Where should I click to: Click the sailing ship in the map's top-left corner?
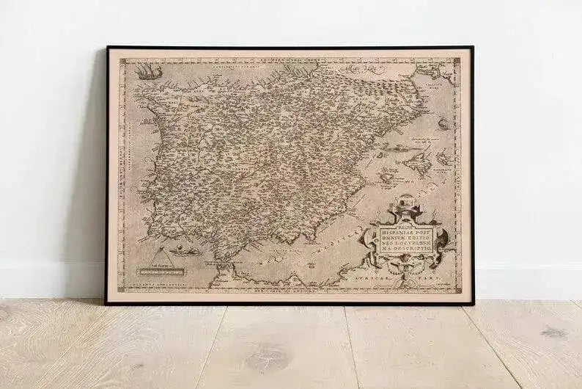tap(148, 72)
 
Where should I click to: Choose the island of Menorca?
tap(444, 156)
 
